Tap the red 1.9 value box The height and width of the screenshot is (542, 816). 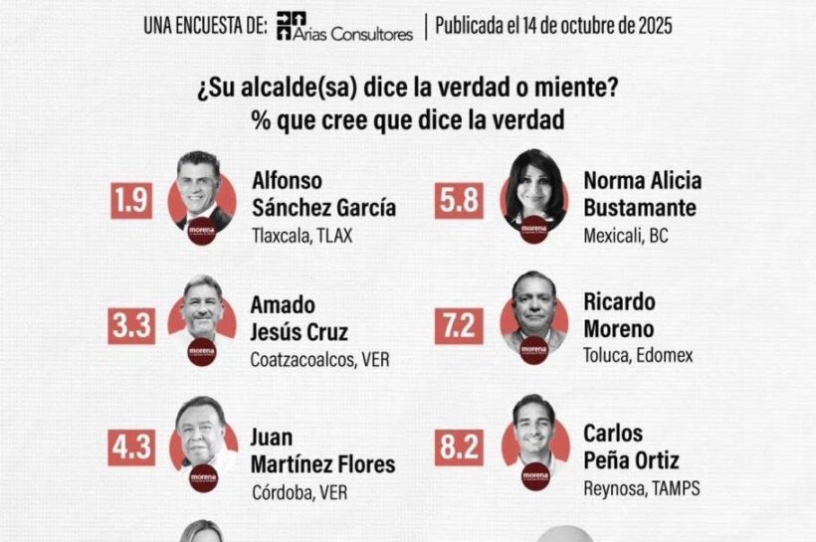[x=131, y=201]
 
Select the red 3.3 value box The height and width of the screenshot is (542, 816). [x=131, y=324]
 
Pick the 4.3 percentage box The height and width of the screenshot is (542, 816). [x=131, y=447]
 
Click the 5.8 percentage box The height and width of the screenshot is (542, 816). [x=459, y=201]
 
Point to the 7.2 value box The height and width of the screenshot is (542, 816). [x=459, y=324]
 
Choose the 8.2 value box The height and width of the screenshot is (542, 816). [x=459, y=447]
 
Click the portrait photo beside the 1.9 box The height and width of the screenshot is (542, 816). [x=202, y=189]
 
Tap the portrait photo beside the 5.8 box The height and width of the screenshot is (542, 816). [x=534, y=187]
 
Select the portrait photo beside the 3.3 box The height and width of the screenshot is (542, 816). [x=202, y=310]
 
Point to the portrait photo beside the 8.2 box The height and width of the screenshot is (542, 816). [x=534, y=433]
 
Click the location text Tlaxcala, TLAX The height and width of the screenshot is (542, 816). [x=304, y=237]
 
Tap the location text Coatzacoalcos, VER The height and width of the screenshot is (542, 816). [x=319, y=359]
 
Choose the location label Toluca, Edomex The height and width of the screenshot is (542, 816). [x=638, y=355]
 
